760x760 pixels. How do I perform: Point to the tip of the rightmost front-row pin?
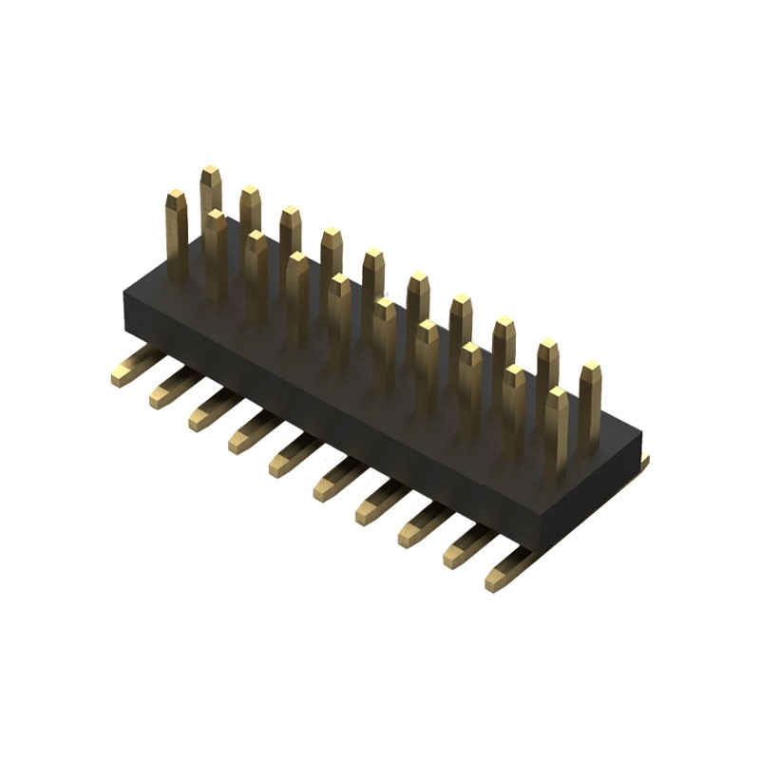coord(557,395)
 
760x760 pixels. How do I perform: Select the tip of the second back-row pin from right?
coord(547,349)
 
